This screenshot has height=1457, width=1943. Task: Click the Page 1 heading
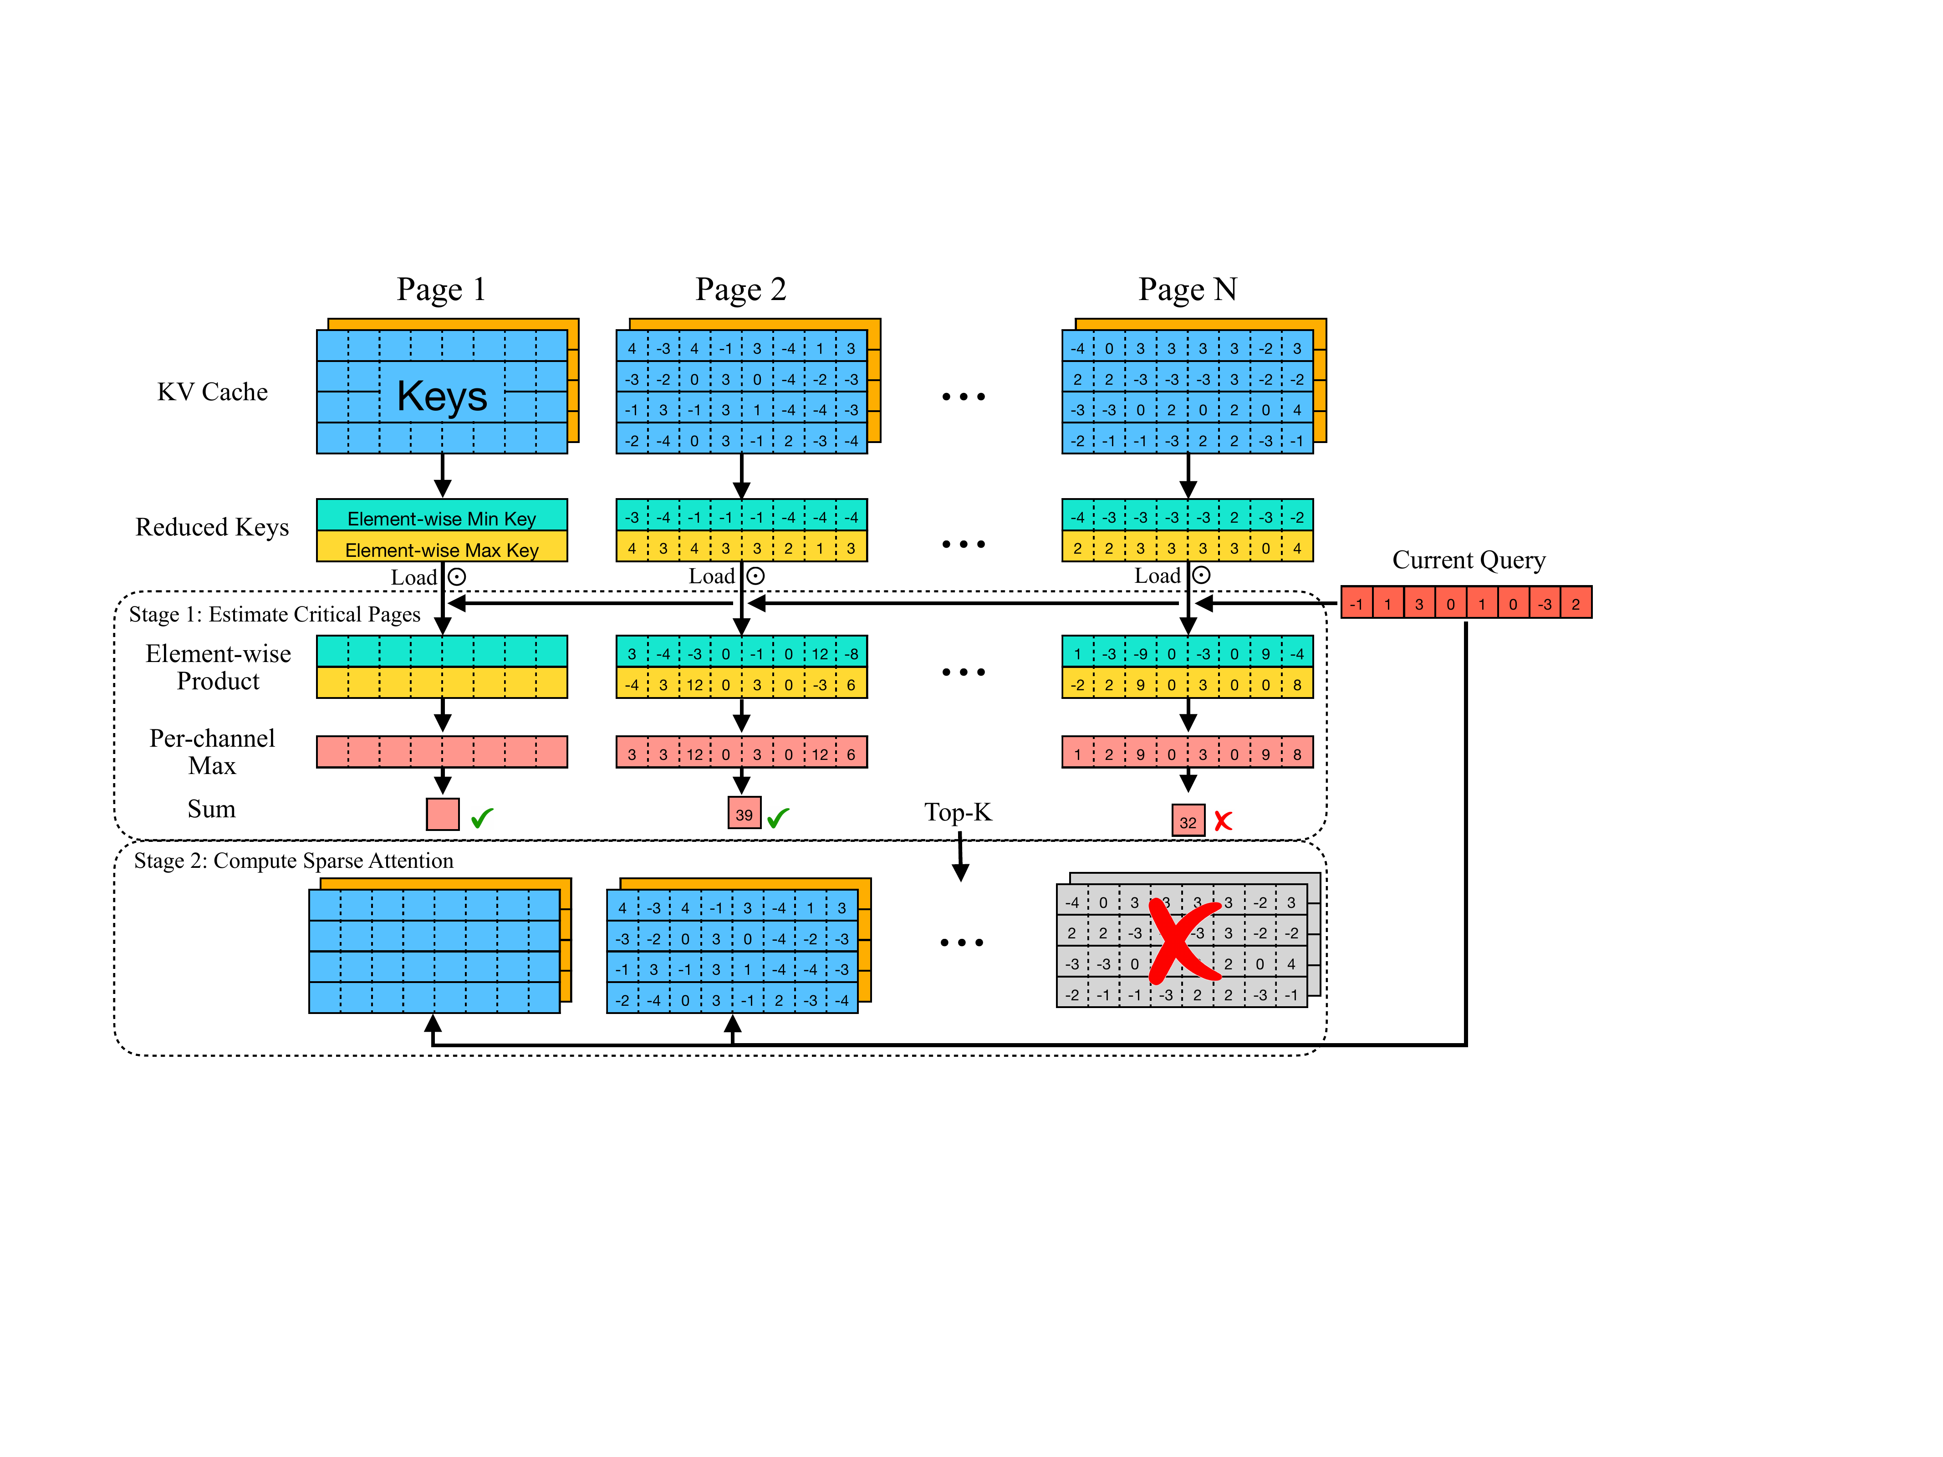(441, 289)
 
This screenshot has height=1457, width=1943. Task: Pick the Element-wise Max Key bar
(442, 549)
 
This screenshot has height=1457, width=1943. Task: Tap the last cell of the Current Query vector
(1576, 603)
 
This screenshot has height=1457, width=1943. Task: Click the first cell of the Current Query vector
(1357, 603)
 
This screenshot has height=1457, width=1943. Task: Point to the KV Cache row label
(213, 392)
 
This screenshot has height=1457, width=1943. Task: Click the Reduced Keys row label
(213, 527)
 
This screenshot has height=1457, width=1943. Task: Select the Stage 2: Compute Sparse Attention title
(293, 861)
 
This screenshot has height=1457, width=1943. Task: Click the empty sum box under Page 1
(443, 814)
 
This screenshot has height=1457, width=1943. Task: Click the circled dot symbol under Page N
(1202, 575)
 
